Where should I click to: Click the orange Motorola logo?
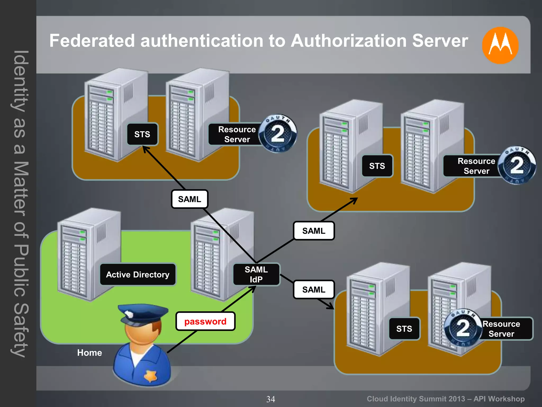[x=500, y=45]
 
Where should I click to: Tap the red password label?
[x=205, y=321]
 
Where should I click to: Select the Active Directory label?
[x=138, y=275]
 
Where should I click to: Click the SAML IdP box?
[x=256, y=275]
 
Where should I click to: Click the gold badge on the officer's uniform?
[x=151, y=376]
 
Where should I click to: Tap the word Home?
[x=89, y=353]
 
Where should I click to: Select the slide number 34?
[x=270, y=399]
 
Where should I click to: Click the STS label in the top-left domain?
[x=142, y=134]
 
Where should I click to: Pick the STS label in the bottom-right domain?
[x=404, y=329]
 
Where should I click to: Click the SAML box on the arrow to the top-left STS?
[x=189, y=199]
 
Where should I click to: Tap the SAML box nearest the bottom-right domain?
[x=314, y=290]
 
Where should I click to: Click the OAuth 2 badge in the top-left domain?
[x=278, y=133]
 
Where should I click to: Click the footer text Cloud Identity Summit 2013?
[x=415, y=399]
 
